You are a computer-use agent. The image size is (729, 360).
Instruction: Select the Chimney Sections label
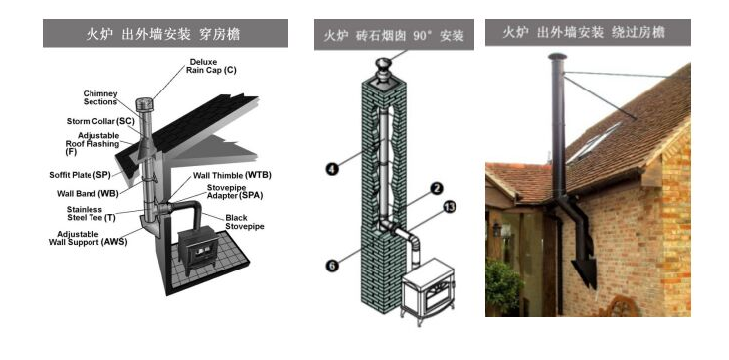click(100, 97)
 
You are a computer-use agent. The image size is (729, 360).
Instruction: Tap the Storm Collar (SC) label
click(99, 120)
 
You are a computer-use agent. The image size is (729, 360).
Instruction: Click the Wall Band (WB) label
click(88, 193)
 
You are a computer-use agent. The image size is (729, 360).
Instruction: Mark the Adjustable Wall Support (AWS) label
click(87, 238)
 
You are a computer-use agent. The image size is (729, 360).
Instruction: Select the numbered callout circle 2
click(435, 188)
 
